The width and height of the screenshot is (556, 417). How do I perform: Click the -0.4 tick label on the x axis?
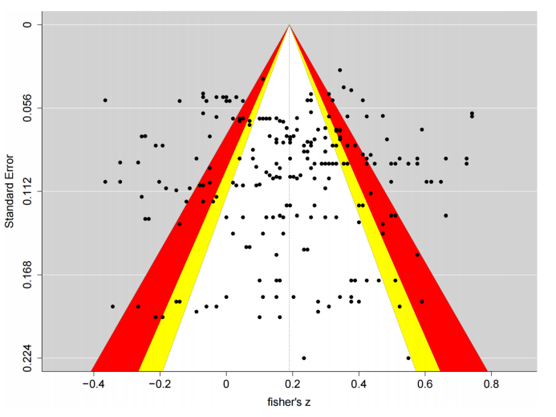[x=92, y=384]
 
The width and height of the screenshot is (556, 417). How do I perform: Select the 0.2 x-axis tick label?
[x=293, y=384]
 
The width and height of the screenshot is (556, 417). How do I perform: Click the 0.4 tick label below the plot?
[x=359, y=384]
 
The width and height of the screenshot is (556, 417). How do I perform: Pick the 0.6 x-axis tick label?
[x=426, y=384]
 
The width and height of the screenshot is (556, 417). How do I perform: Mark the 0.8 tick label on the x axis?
[x=493, y=384]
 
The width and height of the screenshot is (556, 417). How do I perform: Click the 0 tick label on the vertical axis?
[x=26, y=25]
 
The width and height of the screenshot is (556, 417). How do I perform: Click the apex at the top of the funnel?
[x=290, y=26]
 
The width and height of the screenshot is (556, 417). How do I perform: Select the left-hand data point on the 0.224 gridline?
[x=303, y=358]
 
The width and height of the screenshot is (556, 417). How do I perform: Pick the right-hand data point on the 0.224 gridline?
[x=408, y=358]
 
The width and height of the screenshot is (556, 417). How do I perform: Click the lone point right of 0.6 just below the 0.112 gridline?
[x=445, y=215]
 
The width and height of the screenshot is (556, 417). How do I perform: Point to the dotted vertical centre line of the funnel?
[x=290, y=241]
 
